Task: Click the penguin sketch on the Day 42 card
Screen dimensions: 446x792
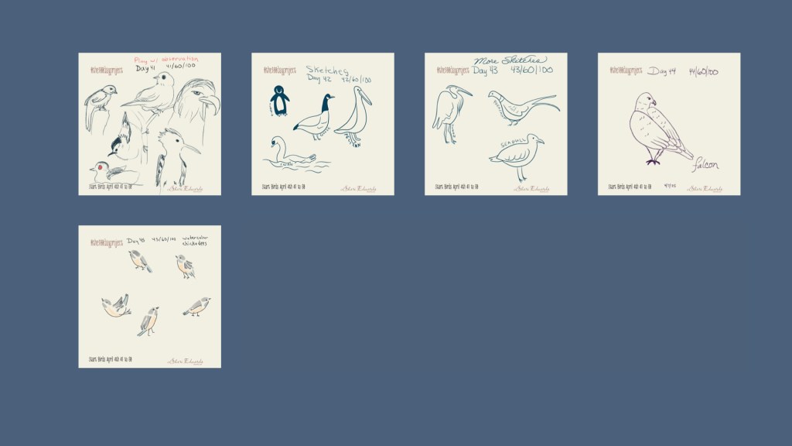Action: coord(279,101)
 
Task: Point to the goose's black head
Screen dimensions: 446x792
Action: coord(328,99)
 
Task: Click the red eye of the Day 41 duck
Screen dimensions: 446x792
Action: coord(101,166)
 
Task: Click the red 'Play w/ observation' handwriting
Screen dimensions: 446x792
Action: coord(166,59)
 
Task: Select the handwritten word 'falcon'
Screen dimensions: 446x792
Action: coord(705,165)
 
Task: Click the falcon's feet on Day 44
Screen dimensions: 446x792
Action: coord(654,161)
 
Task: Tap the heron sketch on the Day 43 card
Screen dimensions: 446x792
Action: coord(449,113)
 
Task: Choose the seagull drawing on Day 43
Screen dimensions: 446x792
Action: coord(517,153)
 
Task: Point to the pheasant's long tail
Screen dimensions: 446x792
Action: coord(541,101)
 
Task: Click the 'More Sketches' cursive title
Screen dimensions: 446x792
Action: coord(510,60)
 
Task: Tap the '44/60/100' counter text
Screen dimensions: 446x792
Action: coord(703,72)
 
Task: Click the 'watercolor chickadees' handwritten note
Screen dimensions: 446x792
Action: coord(194,242)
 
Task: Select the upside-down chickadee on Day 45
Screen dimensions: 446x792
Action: coord(115,307)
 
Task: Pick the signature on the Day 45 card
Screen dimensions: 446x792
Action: coord(186,361)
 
